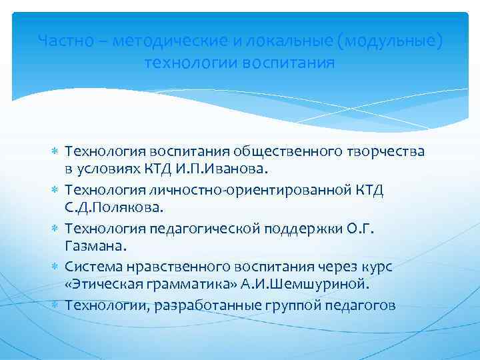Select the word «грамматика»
(179, 285)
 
